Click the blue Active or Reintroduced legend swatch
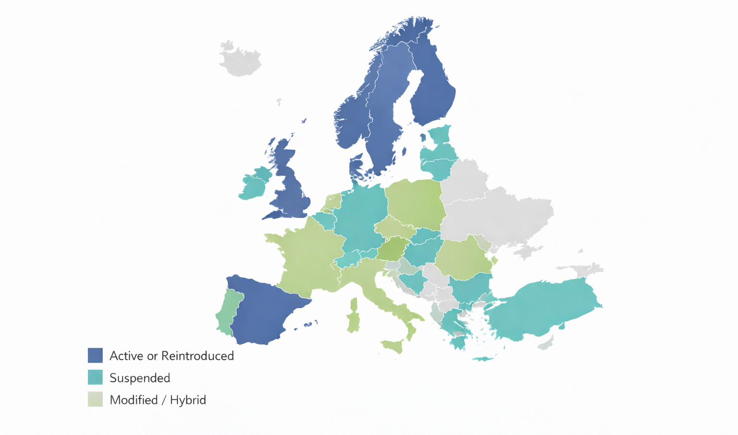click(x=95, y=355)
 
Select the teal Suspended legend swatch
click(x=95, y=377)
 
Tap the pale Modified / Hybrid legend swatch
click(x=95, y=399)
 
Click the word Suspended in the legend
click(x=140, y=378)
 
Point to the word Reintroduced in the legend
click(x=197, y=356)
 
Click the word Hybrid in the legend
click(x=188, y=400)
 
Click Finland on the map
click(x=432, y=91)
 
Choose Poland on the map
click(x=416, y=202)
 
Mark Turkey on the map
click(x=543, y=307)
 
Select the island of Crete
click(x=483, y=359)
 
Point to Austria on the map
click(x=394, y=248)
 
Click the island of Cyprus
click(x=545, y=344)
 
